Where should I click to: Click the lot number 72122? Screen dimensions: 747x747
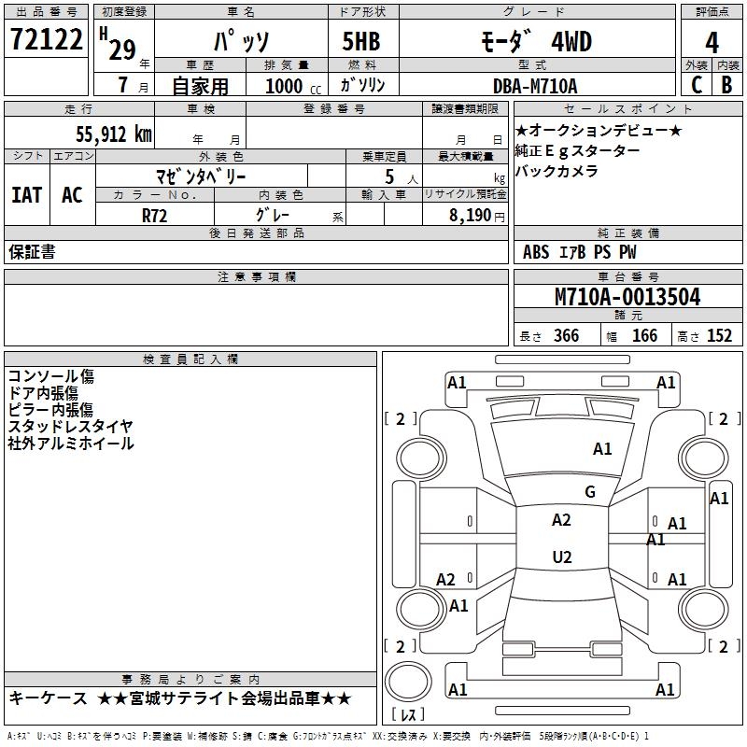tap(46, 40)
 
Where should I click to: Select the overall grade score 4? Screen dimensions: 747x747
tap(712, 42)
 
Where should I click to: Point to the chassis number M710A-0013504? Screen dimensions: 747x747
tap(627, 297)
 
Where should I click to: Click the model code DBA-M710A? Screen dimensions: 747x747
tap(535, 86)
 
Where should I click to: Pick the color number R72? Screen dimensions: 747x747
tap(155, 215)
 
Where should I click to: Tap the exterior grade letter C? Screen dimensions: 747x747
tap(696, 85)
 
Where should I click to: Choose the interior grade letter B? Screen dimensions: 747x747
tap(726, 85)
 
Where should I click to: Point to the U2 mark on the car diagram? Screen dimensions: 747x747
tap(561, 557)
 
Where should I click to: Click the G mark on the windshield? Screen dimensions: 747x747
tap(589, 492)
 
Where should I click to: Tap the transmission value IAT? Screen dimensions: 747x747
tap(26, 194)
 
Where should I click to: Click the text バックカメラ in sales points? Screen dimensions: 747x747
tap(557, 171)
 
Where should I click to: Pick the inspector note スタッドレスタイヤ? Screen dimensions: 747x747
tap(70, 427)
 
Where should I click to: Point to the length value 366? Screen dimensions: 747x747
tap(566, 336)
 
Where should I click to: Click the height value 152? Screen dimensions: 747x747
tap(719, 336)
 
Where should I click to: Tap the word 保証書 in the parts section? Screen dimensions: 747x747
tap(32, 252)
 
